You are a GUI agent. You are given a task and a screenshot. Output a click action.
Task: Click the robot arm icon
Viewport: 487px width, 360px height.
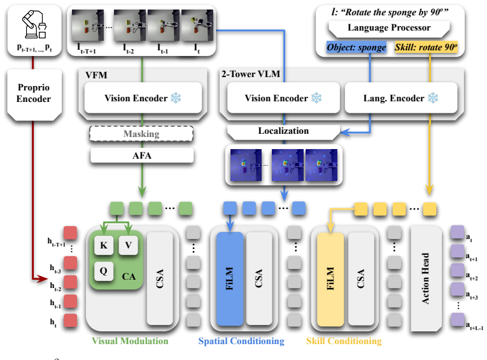34,24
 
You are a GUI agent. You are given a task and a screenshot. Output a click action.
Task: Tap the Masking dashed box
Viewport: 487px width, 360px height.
141,134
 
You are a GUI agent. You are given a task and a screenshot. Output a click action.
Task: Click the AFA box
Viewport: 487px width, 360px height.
142,155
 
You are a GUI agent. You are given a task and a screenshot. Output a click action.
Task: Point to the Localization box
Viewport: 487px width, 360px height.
283,131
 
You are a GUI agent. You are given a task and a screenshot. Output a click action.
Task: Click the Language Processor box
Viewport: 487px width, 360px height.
389,29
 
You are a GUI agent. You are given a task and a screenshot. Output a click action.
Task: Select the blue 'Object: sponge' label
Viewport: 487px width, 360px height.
356,47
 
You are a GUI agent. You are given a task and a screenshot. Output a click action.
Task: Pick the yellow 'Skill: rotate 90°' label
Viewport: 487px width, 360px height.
426,47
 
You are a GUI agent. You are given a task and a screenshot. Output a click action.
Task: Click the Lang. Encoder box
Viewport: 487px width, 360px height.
401,98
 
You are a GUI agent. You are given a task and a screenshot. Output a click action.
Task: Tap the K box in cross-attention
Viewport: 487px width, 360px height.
104,245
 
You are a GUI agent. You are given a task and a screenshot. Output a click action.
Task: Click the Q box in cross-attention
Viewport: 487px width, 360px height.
104,271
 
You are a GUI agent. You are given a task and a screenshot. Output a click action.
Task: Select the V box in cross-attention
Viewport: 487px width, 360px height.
128,245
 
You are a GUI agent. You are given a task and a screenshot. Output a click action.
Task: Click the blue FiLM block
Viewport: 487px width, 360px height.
230,278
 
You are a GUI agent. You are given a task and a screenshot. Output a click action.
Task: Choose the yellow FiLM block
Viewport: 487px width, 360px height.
330,279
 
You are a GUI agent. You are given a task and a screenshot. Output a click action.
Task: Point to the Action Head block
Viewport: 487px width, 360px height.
426,278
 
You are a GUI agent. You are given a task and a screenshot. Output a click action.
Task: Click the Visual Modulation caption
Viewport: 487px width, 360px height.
130,341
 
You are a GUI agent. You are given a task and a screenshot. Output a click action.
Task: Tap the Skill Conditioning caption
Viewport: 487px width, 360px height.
344,341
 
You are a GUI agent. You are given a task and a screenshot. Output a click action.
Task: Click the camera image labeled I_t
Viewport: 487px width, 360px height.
197,25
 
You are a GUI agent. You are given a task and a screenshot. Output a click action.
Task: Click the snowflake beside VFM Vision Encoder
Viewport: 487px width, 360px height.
176,98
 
